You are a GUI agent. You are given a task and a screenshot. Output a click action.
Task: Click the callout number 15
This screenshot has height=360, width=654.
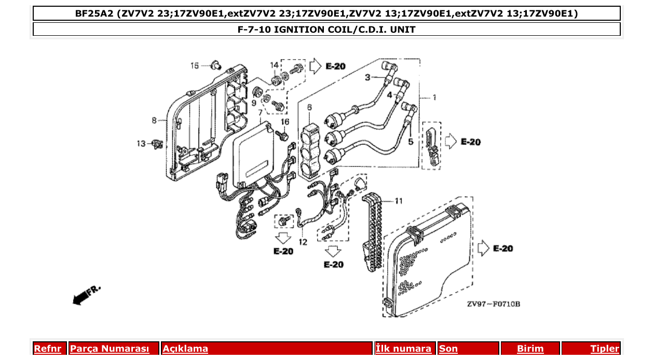coord(195,65)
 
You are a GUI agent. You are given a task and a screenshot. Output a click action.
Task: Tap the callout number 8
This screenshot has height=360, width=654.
coord(154,120)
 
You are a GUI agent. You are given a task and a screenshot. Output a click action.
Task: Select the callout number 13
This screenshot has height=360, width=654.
coord(141,144)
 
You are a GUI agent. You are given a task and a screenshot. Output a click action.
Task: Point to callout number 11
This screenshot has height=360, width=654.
coord(399,201)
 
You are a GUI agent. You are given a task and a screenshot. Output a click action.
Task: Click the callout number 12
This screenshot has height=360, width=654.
coord(303,242)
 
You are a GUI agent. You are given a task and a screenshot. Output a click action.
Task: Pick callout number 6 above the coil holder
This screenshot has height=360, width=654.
coord(309,107)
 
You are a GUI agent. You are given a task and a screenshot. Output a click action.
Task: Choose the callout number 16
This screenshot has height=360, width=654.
coord(284,121)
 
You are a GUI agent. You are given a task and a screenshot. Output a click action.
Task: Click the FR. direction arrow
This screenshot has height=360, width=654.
coord(86,295)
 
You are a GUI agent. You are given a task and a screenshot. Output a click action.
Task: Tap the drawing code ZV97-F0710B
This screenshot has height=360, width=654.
coord(493,304)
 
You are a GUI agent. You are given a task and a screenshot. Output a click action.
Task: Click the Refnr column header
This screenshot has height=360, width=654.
coord(47,349)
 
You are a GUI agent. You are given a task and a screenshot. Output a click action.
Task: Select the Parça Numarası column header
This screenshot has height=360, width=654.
coord(109,349)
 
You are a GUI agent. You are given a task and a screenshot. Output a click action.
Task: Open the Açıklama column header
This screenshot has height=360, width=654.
coord(185,349)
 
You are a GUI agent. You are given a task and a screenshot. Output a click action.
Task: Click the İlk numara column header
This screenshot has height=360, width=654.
coord(403,349)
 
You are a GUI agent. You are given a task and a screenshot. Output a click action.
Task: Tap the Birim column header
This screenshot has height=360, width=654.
coord(530,349)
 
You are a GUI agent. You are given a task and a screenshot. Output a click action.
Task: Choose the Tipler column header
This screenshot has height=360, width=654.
coord(605,349)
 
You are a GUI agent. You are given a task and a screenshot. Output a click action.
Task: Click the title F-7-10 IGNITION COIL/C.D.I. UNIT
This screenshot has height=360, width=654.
coord(326,30)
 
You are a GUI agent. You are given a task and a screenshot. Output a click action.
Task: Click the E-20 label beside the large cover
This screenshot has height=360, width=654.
coord(502,248)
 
